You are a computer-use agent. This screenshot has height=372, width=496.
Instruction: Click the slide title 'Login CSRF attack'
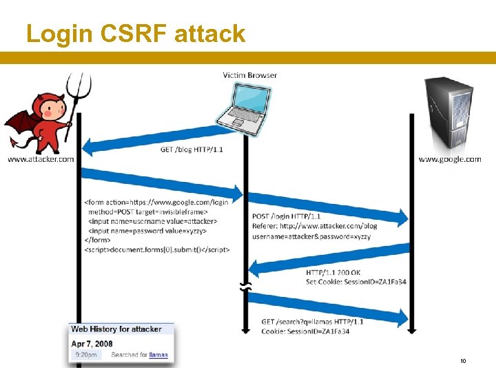coord(136,33)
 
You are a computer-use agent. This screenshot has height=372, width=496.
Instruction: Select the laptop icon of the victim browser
coord(242,106)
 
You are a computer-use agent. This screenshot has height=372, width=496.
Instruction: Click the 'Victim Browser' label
coord(250,74)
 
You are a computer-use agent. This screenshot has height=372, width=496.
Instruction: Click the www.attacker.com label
coord(41,159)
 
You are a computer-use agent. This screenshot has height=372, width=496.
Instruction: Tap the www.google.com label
coord(450,159)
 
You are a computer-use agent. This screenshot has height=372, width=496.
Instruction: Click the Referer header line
coord(315,226)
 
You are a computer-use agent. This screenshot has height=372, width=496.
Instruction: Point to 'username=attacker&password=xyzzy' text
coord(311,236)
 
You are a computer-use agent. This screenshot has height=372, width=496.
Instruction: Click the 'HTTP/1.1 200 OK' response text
coord(333,273)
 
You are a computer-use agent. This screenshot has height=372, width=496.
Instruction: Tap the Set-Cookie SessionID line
coord(356,282)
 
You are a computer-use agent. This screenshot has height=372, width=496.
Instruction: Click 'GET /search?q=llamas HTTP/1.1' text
coord(312,322)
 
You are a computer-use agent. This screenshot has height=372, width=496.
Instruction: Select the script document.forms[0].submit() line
coord(157,249)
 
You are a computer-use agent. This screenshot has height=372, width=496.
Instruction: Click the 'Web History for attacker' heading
coord(116,329)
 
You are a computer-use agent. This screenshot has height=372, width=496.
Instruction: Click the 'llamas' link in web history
coord(158,355)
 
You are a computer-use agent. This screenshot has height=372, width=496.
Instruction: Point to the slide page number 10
coord(463,361)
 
